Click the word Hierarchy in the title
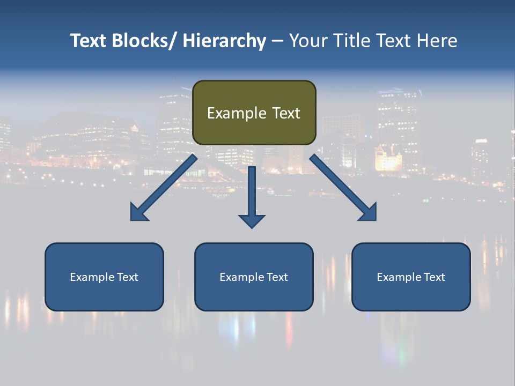pyautogui.click(x=224, y=41)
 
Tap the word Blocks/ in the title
pyautogui.click(x=144, y=41)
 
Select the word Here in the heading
pyautogui.click(x=436, y=41)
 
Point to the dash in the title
pyautogui.click(x=277, y=41)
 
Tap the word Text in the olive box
pyautogui.click(x=286, y=113)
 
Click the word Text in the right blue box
pyautogui.click(x=434, y=277)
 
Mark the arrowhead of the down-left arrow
pyautogui.click(x=138, y=213)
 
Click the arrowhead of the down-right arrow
pyautogui.click(x=369, y=213)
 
